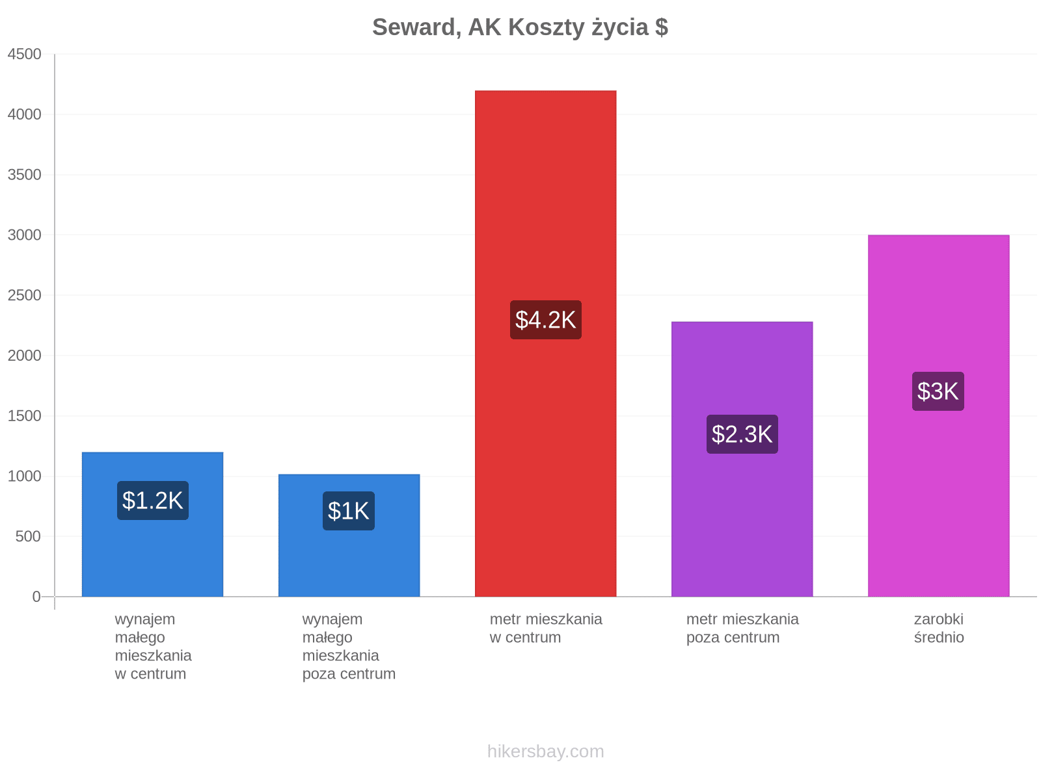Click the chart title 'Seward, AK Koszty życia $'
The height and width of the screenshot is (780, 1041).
[520, 27]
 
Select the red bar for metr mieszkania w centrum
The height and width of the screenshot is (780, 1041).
[545, 343]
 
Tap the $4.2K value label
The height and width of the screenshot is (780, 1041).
[545, 320]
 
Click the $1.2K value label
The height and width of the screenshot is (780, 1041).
[153, 500]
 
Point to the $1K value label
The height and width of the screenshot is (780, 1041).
[349, 511]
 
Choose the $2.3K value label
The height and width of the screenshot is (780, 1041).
[742, 434]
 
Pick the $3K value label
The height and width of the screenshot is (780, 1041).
[938, 391]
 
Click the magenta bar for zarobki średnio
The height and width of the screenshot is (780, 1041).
[939, 416]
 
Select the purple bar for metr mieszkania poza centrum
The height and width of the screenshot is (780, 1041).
[742, 460]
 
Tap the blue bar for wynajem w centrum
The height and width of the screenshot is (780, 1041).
[153, 525]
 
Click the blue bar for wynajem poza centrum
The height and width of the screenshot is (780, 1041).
[349, 536]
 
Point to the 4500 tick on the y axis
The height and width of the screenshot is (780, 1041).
[24, 54]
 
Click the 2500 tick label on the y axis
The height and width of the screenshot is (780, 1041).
[24, 295]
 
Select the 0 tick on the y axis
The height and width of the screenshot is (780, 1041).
[36, 597]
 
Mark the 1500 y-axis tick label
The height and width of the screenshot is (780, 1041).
[24, 416]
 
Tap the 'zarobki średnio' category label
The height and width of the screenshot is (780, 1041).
[939, 629]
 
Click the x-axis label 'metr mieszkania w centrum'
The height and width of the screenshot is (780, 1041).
[546, 629]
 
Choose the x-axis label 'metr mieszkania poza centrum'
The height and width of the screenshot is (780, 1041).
[743, 629]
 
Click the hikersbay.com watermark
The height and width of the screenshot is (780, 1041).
[545, 751]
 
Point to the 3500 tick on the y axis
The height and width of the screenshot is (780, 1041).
[24, 175]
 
